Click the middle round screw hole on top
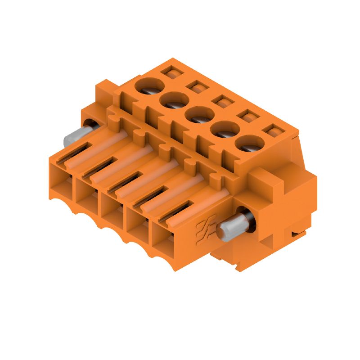tap(197, 115)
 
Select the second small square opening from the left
tap(195, 86)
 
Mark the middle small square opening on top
tap(220, 101)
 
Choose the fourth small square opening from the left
tap(245, 117)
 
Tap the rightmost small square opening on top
tap(271, 132)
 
